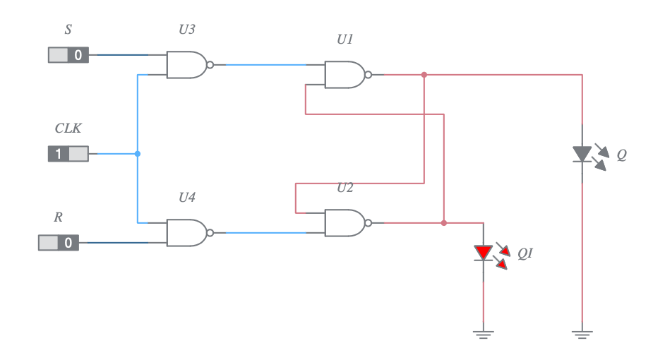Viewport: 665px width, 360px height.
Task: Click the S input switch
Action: (68, 55)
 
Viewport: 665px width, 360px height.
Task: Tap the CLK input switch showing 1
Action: (68, 153)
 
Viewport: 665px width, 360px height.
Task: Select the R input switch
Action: (59, 243)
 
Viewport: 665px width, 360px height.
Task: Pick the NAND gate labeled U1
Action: (345, 74)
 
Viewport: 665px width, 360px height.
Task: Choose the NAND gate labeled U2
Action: (345, 223)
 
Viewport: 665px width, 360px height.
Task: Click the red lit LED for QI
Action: (484, 252)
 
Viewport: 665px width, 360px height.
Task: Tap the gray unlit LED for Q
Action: (582, 154)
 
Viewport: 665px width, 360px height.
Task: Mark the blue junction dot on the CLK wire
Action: (138, 153)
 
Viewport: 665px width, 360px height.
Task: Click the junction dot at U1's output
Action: (424, 74)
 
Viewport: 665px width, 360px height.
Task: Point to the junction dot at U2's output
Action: (443, 223)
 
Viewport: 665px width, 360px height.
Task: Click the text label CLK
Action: (68, 128)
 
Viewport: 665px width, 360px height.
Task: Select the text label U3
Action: (187, 30)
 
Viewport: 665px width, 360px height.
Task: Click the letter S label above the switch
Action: (68, 30)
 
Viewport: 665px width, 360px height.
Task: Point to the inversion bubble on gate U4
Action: (210, 232)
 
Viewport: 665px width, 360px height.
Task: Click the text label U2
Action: (345, 188)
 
